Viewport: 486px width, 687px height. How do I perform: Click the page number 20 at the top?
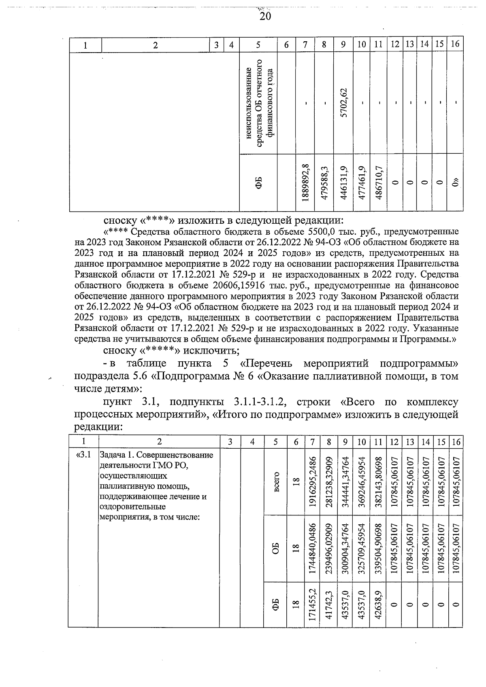(265, 16)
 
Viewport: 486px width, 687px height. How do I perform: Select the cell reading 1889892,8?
(306, 182)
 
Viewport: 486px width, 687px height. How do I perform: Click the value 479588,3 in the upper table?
(325, 182)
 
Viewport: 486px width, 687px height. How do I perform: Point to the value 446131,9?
(343, 182)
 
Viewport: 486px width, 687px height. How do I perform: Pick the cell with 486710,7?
(378, 182)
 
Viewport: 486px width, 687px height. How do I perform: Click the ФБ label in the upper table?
(258, 182)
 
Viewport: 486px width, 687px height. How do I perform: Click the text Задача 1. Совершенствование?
(156, 454)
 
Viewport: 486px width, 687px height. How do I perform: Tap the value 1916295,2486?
(312, 481)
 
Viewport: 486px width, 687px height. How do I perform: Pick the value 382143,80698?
(378, 481)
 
